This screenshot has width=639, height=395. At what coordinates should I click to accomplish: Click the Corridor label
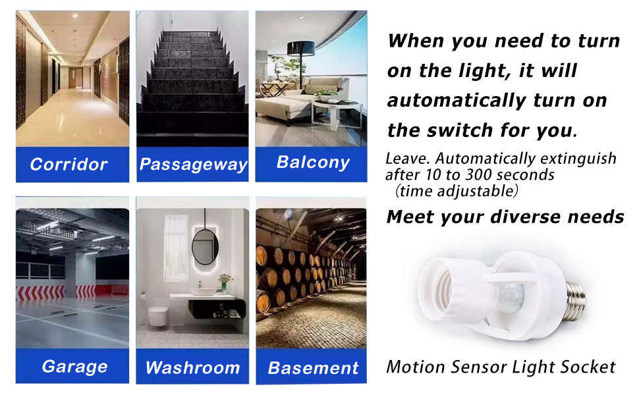tap(69, 165)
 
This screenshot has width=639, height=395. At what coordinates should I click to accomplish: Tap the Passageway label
tap(193, 165)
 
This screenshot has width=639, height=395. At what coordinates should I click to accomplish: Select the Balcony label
tap(313, 163)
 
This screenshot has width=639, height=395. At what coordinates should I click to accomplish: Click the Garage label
tap(74, 367)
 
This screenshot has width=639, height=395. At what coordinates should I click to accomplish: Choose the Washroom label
tap(192, 367)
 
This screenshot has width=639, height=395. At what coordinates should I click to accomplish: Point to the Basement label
tap(313, 368)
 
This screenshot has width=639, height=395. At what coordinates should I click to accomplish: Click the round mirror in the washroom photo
tap(206, 244)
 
